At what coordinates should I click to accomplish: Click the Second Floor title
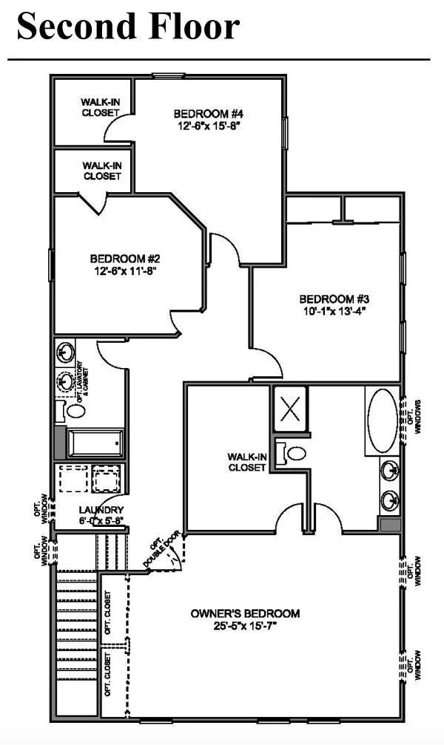click(x=128, y=27)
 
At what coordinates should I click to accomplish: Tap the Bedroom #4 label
click(x=209, y=114)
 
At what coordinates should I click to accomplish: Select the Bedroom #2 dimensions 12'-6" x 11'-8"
click(x=126, y=271)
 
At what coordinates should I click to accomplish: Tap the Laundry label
click(x=101, y=510)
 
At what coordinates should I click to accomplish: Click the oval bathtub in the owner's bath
click(x=383, y=421)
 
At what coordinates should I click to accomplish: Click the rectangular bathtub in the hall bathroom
click(x=93, y=443)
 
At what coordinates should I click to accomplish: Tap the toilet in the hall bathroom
click(x=75, y=409)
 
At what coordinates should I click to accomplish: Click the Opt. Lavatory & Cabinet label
click(x=82, y=381)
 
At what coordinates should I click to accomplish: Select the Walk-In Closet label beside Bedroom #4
click(x=101, y=107)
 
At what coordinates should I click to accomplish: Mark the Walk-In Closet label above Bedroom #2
click(x=101, y=171)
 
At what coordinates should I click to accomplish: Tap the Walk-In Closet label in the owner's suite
click(x=246, y=462)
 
